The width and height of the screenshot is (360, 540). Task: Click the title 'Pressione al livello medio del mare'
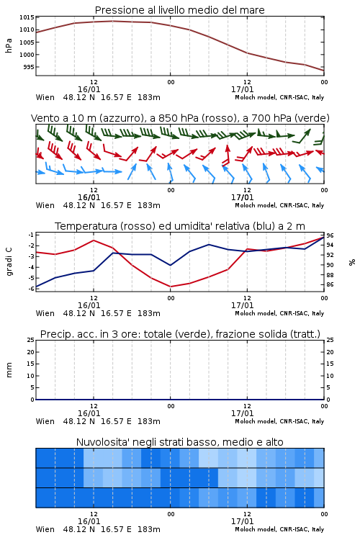click(179, 10)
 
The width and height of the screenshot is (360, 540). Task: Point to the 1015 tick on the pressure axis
click(27, 17)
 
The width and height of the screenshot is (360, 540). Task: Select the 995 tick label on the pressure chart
click(29, 67)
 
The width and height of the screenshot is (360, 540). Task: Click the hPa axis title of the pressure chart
click(9, 45)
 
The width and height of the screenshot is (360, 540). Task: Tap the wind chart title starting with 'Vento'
click(180, 118)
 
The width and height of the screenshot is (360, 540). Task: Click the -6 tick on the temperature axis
click(31, 289)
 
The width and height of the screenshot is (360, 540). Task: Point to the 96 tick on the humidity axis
click(330, 235)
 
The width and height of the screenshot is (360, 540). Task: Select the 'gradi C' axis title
click(9, 262)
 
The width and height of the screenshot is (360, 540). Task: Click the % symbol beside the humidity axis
click(352, 262)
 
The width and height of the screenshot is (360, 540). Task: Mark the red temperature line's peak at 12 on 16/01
click(94, 240)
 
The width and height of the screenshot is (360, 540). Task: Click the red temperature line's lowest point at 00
click(170, 287)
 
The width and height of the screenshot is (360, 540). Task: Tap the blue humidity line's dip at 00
click(170, 265)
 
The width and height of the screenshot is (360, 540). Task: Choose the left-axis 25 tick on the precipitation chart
click(31, 340)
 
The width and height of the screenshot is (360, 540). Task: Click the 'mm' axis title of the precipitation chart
click(9, 370)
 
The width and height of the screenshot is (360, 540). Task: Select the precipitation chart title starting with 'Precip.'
click(180, 334)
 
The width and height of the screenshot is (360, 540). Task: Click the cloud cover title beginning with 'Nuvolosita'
click(179, 442)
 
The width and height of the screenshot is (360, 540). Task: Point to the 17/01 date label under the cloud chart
click(242, 521)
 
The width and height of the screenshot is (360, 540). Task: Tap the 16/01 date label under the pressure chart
click(89, 89)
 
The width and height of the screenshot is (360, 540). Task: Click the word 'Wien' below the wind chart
click(45, 205)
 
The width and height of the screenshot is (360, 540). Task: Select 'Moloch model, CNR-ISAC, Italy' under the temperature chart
click(279, 313)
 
